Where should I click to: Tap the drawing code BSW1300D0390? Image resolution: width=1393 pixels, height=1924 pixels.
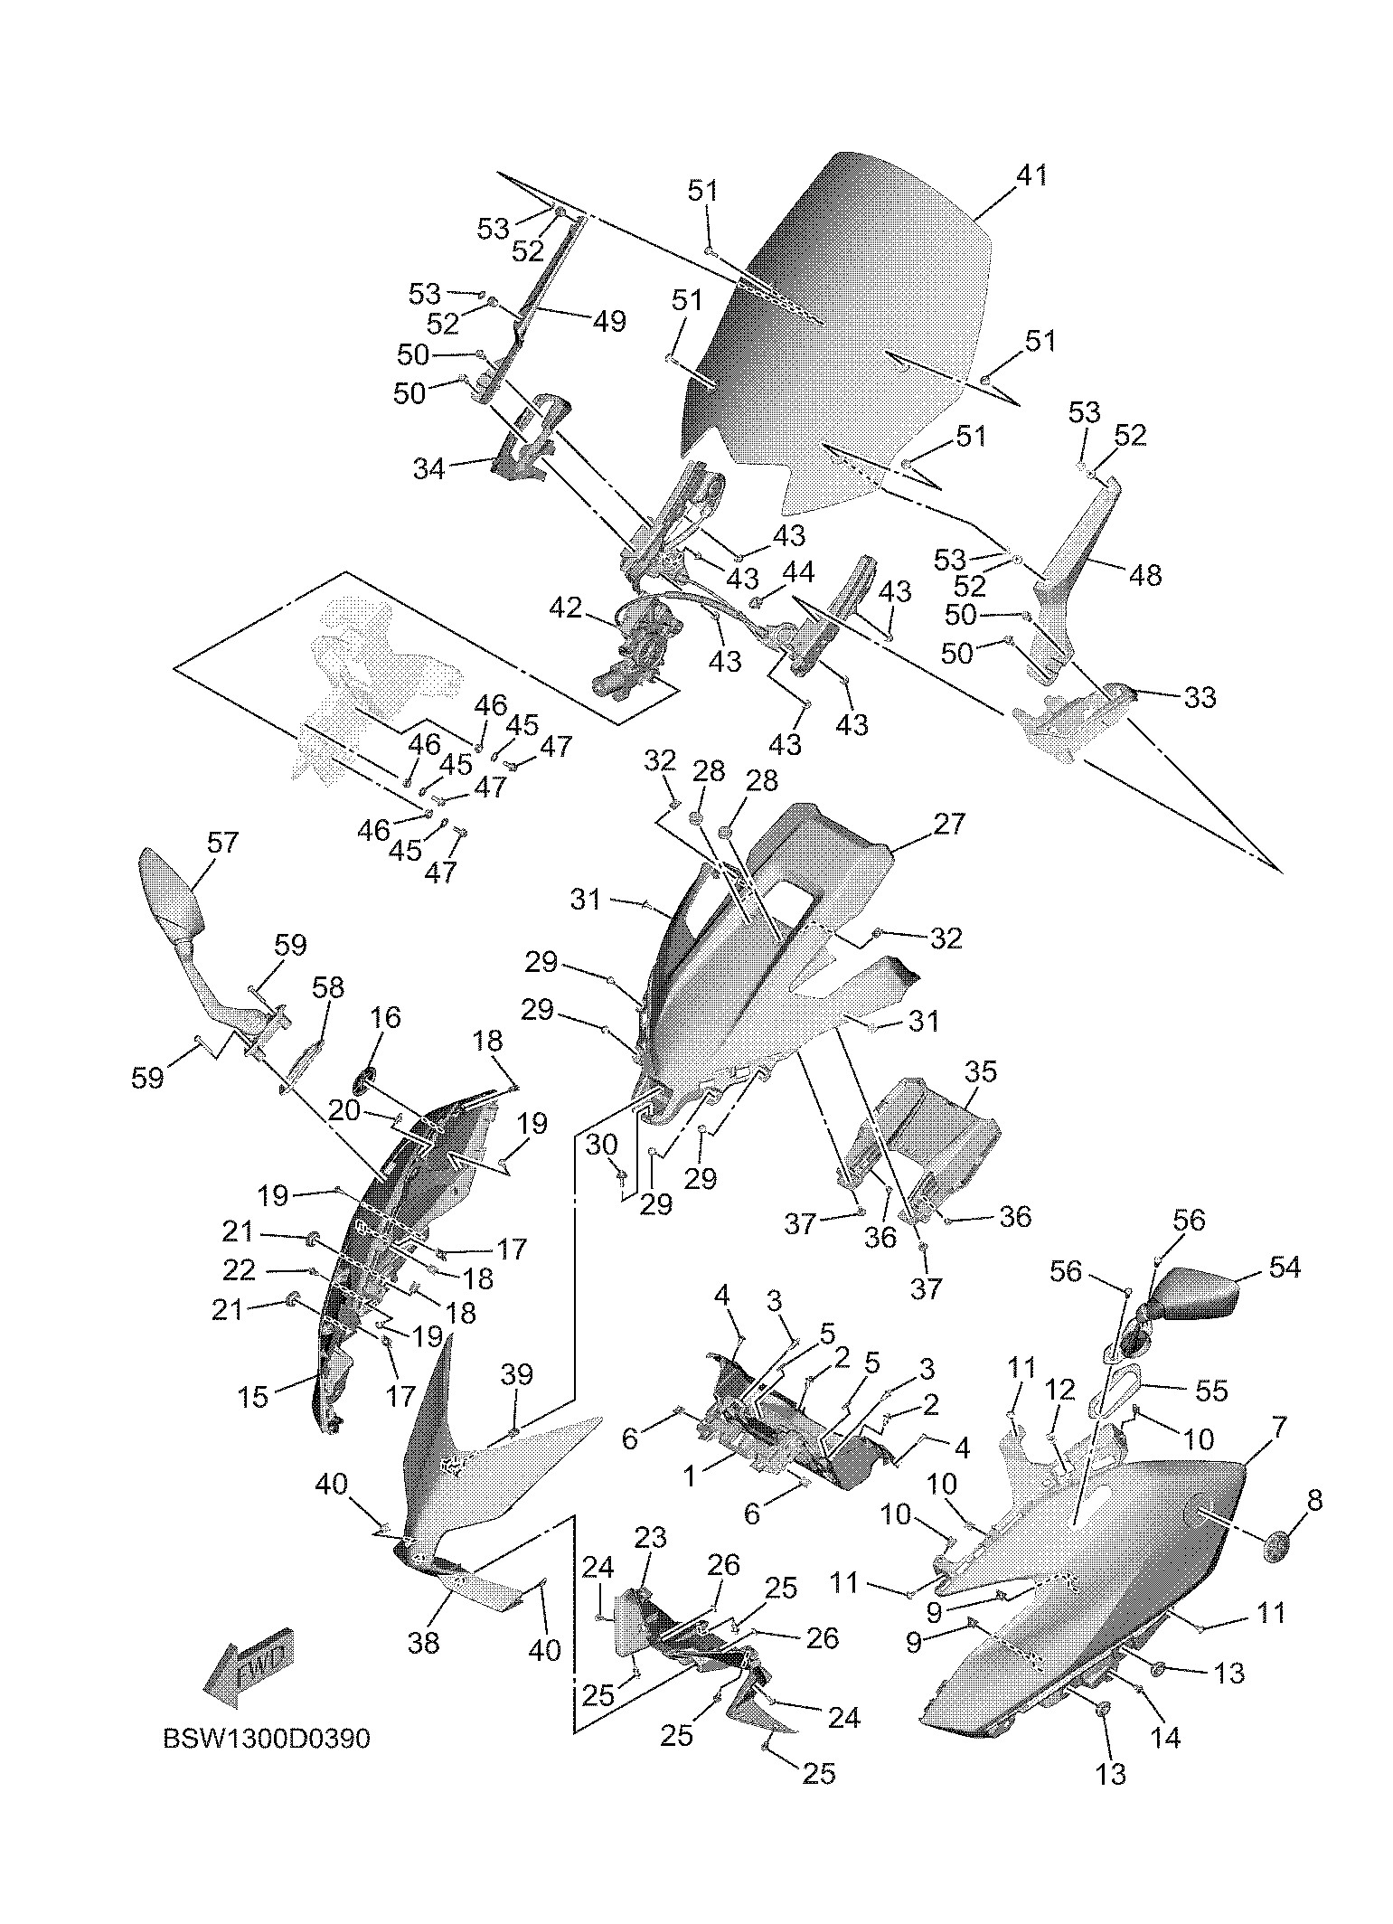(x=267, y=1739)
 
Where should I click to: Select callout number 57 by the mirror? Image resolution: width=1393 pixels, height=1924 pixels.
(x=222, y=843)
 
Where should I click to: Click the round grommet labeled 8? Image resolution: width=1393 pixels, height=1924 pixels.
(x=1275, y=1548)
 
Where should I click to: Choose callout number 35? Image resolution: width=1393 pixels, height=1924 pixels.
(x=980, y=1072)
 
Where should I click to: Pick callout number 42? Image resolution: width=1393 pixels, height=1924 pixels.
(x=567, y=608)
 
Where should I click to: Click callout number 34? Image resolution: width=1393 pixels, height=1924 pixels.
(x=429, y=469)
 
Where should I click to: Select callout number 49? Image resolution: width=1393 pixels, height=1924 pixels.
(x=611, y=321)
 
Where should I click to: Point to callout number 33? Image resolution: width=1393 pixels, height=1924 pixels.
(x=1200, y=697)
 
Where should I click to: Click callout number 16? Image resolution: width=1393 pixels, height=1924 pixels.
(x=385, y=1017)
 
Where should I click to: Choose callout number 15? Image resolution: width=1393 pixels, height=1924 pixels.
(x=253, y=1396)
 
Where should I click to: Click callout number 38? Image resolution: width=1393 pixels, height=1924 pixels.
(x=423, y=1641)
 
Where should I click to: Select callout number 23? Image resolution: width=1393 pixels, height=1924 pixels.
(x=650, y=1537)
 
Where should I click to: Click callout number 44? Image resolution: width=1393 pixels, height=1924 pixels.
(x=798, y=572)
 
